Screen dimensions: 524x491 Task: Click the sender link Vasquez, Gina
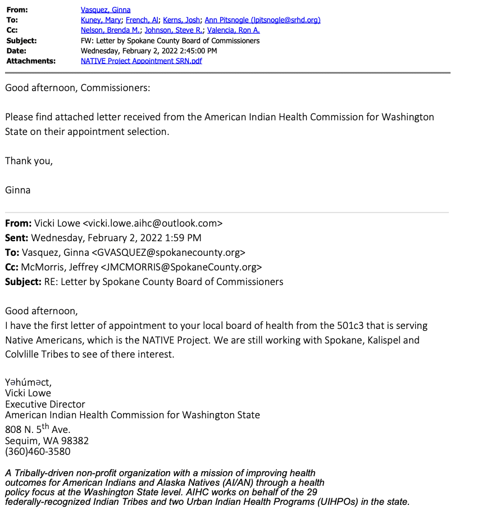[x=106, y=10]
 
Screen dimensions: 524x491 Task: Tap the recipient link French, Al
[x=142, y=20]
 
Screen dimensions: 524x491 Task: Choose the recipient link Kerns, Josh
[x=181, y=20]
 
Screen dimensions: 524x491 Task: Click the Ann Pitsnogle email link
[x=262, y=20]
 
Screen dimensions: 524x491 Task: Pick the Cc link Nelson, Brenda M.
[x=111, y=30]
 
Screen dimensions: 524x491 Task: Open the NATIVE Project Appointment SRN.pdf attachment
[x=141, y=61]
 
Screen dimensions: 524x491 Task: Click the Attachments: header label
[x=31, y=61]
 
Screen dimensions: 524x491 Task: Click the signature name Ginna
[x=18, y=190]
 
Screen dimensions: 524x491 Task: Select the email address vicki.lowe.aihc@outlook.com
[x=153, y=223]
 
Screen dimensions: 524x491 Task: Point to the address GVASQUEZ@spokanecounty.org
[x=169, y=252]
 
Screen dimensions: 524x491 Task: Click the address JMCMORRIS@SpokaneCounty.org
[x=181, y=267]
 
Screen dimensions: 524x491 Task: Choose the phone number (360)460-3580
[x=38, y=451]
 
